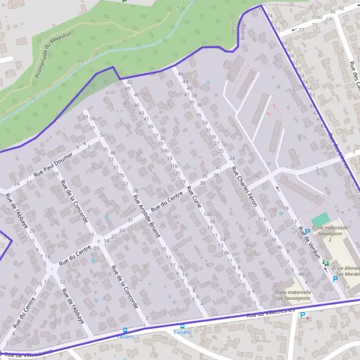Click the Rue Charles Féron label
[x=244, y=187]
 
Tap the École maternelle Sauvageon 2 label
[x=331, y=232]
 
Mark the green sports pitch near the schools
[x=320, y=219]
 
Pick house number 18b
[x=208, y=214]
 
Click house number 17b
[x=120, y=176]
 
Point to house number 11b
[x=262, y=220]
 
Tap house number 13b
[x=226, y=253]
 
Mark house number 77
[x=301, y=29]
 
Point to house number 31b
[x=175, y=166]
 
